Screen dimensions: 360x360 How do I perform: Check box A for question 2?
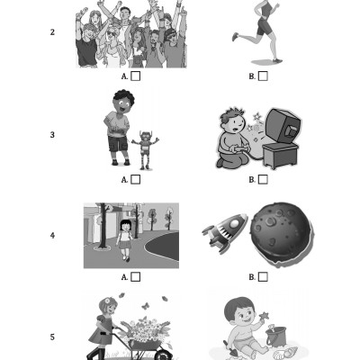click(x=136, y=76)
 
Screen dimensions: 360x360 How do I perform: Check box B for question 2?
click(x=263, y=76)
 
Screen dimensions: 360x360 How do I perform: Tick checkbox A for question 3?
click(x=136, y=179)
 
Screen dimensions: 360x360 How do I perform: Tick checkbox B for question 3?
click(x=263, y=179)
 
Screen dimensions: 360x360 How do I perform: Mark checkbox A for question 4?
click(x=136, y=277)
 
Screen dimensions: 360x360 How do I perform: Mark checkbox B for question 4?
click(x=263, y=277)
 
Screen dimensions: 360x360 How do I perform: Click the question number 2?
click(x=52, y=32)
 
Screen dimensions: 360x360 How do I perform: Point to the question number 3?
click(x=52, y=135)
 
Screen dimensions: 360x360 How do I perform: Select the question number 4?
click(x=52, y=236)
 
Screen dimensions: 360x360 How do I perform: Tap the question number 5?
click(x=52, y=337)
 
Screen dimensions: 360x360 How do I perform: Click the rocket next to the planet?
click(x=225, y=232)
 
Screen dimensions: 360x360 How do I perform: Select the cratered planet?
click(x=282, y=235)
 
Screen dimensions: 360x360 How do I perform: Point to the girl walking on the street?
click(x=125, y=240)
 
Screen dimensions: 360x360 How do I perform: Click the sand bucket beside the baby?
click(x=275, y=336)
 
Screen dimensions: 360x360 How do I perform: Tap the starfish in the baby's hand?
click(x=264, y=316)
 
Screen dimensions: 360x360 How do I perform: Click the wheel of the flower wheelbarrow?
click(x=163, y=355)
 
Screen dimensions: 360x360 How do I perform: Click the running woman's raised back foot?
click(x=236, y=37)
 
